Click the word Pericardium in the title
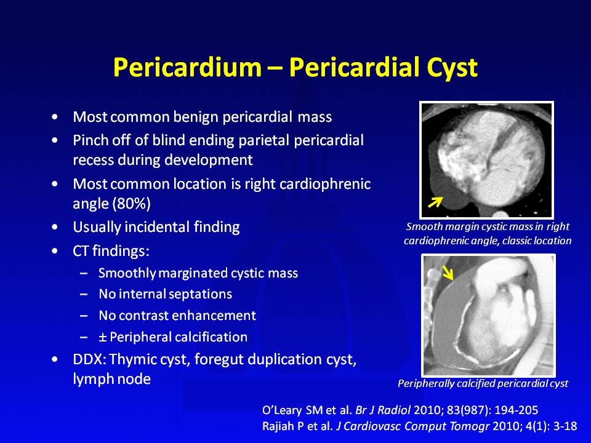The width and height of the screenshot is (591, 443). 187,67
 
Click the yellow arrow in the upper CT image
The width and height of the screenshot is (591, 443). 435,202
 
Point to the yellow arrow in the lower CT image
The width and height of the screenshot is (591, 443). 448,273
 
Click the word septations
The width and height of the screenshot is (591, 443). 195,294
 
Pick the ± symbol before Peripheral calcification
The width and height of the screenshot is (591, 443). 102,337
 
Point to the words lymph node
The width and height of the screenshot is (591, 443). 111,379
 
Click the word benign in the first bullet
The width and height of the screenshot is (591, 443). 196,117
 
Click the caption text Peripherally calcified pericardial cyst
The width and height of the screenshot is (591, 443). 483,384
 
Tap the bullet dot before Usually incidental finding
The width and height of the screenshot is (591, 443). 55,228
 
